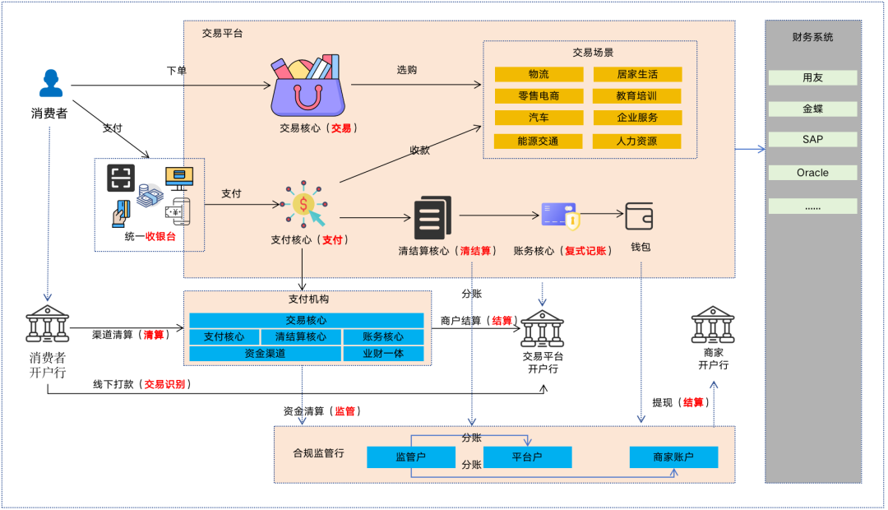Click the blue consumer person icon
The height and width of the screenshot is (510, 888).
(51, 85)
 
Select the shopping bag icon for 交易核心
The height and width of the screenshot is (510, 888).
(308, 86)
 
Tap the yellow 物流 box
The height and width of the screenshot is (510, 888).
(539, 74)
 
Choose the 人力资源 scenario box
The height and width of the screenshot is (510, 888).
(636, 141)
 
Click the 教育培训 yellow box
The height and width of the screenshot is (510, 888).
(636, 96)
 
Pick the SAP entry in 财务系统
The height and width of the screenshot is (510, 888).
(812, 140)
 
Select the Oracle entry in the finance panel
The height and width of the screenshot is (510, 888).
(812, 173)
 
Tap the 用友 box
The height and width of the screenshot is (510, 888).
(812, 78)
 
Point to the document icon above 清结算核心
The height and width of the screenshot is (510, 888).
(432, 217)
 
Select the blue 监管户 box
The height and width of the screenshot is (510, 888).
(410, 457)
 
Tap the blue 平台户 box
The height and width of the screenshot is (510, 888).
(527, 457)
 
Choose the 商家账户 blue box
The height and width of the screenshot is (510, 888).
(673, 457)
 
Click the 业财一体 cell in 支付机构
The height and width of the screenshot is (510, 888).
(382, 354)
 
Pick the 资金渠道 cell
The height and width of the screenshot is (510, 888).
(265, 354)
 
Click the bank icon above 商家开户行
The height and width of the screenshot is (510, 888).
(713, 325)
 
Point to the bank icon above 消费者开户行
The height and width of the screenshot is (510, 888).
(48, 325)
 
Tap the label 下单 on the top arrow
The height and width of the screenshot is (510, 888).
(177, 71)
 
